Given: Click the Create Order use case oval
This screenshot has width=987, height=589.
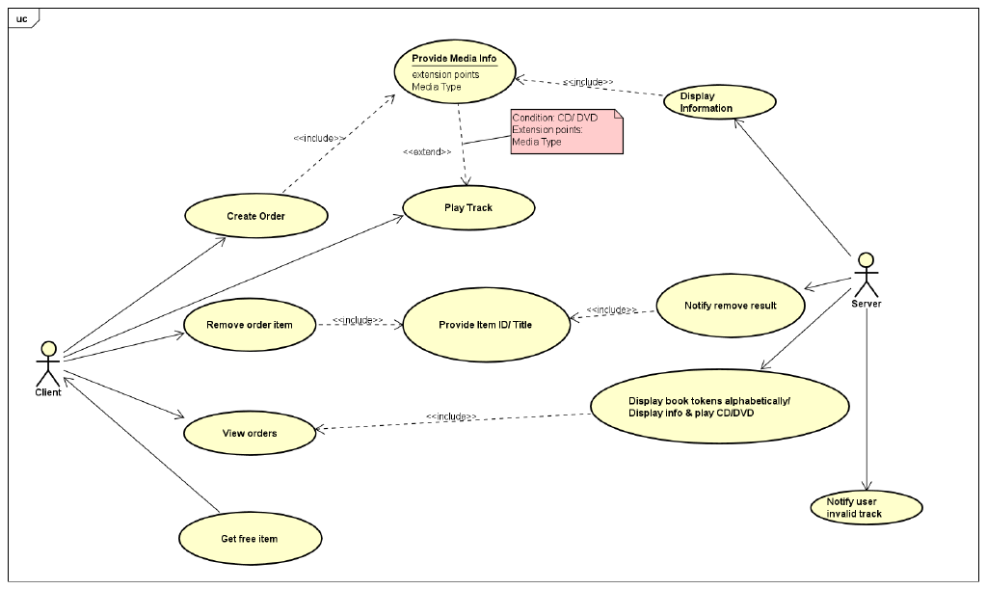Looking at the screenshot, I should tap(255, 216).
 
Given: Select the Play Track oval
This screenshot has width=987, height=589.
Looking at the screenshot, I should tap(468, 208).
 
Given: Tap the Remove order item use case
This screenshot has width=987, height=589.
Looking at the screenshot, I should tap(249, 325).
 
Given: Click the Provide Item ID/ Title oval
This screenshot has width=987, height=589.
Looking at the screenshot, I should tap(485, 325).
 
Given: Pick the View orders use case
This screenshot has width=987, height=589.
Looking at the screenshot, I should tap(250, 434).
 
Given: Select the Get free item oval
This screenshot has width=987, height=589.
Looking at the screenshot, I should tap(249, 538).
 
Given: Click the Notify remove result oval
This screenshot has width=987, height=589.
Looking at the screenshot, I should tap(730, 306).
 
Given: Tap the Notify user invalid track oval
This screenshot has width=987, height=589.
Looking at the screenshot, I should tap(867, 507).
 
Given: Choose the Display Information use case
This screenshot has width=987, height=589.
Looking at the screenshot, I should tap(719, 102).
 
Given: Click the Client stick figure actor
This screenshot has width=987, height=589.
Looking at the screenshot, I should tap(47, 361).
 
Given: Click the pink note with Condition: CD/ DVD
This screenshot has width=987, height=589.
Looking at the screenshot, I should tap(566, 131).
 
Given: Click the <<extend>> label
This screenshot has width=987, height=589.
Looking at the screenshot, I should tap(427, 152).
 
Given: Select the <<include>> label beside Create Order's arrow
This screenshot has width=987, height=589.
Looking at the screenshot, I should tap(319, 138).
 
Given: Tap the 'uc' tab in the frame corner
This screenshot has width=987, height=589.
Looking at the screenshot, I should tap(21, 18).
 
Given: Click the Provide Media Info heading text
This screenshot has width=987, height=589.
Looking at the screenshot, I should tap(454, 59).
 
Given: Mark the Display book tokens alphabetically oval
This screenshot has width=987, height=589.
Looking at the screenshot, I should tap(719, 407).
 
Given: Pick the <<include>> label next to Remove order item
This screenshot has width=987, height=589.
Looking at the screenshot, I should tap(359, 319).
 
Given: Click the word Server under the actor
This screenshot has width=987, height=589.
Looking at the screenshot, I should tap(867, 304).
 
